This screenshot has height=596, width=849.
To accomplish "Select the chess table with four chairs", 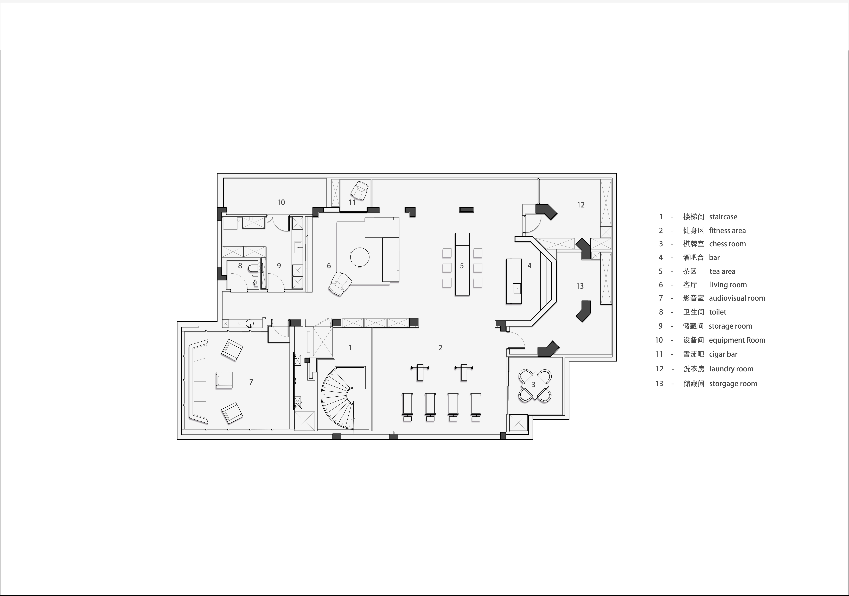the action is click(535, 386).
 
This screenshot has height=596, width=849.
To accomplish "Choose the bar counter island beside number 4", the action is click(514, 281).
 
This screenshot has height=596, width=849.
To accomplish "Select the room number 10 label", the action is click(281, 202).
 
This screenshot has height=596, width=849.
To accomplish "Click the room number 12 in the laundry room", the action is click(580, 205).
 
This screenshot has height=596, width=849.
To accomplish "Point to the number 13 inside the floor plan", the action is click(580, 286).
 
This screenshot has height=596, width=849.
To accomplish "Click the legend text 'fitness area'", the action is click(727, 231).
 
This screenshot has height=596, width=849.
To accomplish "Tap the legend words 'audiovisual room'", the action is click(737, 298).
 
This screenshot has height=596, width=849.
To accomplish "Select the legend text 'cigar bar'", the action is click(723, 354).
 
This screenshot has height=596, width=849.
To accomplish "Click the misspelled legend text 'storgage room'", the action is click(733, 384).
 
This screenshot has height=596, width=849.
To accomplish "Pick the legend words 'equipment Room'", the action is click(737, 340).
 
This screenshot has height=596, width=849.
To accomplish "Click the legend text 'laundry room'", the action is click(731, 369).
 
